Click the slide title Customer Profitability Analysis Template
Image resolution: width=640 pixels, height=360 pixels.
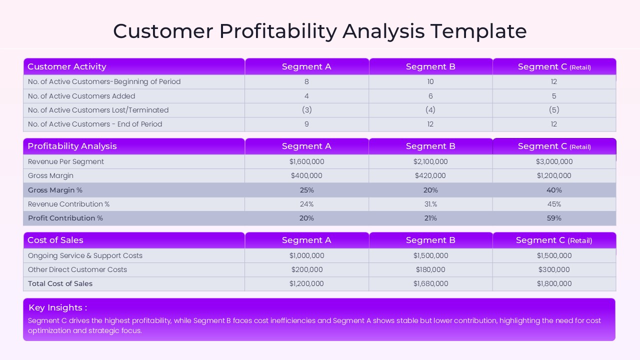point(320,31)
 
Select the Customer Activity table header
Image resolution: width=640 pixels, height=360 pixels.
point(67,66)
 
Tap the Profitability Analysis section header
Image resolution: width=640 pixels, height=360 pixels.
point(72,146)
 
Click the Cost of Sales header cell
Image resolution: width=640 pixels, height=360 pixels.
point(55,240)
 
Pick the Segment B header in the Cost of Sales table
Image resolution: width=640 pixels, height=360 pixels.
point(430,240)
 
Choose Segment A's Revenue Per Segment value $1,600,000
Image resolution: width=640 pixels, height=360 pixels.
point(306,161)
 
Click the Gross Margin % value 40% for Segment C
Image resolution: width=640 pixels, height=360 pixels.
point(554,190)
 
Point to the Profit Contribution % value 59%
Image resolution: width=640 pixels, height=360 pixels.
point(554,218)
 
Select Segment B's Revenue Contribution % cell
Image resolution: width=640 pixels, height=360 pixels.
point(430,204)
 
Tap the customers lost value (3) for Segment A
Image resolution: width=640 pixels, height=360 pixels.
point(306,110)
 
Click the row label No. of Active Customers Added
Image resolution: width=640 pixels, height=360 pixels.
point(81,96)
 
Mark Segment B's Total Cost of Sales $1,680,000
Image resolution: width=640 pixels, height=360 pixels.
point(430,283)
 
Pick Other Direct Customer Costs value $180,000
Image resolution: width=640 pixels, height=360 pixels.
point(430,269)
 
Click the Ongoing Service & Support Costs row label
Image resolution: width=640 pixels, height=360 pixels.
point(85,255)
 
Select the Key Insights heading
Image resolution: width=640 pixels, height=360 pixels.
point(57,307)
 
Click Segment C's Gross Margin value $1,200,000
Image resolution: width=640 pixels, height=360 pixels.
point(554,175)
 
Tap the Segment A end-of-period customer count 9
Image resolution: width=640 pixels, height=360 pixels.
point(306,124)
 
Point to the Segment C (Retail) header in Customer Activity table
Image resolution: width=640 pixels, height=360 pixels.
point(554,66)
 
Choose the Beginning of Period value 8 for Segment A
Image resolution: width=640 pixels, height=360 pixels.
point(306,81)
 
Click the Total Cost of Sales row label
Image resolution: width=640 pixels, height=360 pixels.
point(60,283)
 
